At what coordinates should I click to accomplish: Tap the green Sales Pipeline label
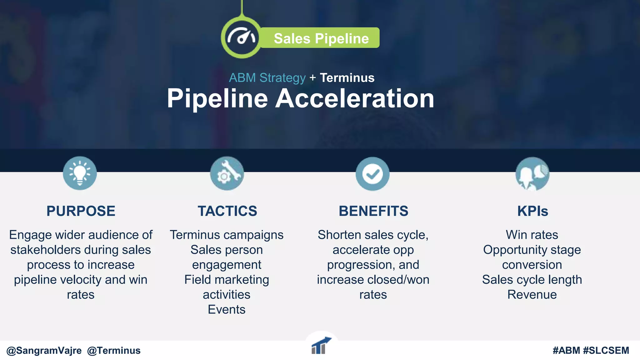click(321, 38)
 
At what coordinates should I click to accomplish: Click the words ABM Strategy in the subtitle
click(267, 78)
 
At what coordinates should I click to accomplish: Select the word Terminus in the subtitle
click(347, 78)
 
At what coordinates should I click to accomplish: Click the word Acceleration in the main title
click(354, 98)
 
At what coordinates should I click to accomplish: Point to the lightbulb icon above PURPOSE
click(80, 173)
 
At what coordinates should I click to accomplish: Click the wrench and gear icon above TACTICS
click(227, 173)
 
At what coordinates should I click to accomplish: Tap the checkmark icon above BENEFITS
click(372, 174)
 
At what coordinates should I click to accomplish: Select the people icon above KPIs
click(532, 174)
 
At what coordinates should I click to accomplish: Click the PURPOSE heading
click(81, 211)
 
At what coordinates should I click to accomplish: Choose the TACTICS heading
click(227, 211)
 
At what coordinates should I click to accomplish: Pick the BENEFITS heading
click(373, 211)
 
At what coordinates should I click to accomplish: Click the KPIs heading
click(532, 211)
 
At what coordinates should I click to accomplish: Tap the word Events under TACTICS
click(227, 310)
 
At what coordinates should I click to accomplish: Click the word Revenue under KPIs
click(532, 295)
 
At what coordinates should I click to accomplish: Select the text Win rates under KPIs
click(532, 235)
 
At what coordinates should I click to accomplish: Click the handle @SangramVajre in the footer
click(44, 351)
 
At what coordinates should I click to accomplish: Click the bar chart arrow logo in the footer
click(321, 346)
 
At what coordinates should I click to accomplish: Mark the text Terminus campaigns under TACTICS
click(227, 235)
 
